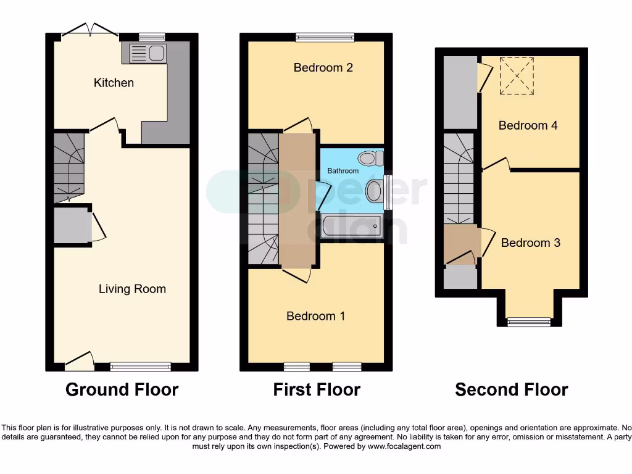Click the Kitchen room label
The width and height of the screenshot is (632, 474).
pyautogui.click(x=114, y=83)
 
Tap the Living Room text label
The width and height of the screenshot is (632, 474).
pyautogui.click(x=132, y=289)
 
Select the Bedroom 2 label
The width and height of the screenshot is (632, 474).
pyautogui.click(x=323, y=67)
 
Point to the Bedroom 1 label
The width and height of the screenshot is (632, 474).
pyautogui.click(x=315, y=316)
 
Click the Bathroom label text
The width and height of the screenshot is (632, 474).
pyautogui.click(x=343, y=171)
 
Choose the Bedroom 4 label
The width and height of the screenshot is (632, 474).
pyautogui.click(x=528, y=125)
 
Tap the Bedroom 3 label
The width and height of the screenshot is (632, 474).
pyautogui.click(x=530, y=243)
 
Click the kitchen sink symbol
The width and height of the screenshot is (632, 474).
pyautogui.click(x=146, y=53)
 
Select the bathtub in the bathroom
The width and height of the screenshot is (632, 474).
pyautogui.click(x=351, y=226)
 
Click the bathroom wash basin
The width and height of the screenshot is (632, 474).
pyautogui.click(x=374, y=191)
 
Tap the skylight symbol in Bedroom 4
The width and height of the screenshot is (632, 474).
pyautogui.click(x=516, y=76)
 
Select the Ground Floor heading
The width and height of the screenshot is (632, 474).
pyautogui.click(x=122, y=389)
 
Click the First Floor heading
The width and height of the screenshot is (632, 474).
pyautogui.click(x=317, y=389)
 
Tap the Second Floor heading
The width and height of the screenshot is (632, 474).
pyautogui.click(x=511, y=389)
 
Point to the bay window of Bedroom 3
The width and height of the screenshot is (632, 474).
pyautogui.click(x=528, y=321)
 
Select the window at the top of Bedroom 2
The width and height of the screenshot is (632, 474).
pyautogui.click(x=325, y=37)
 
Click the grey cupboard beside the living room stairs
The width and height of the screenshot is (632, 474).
pyautogui.click(x=72, y=226)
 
